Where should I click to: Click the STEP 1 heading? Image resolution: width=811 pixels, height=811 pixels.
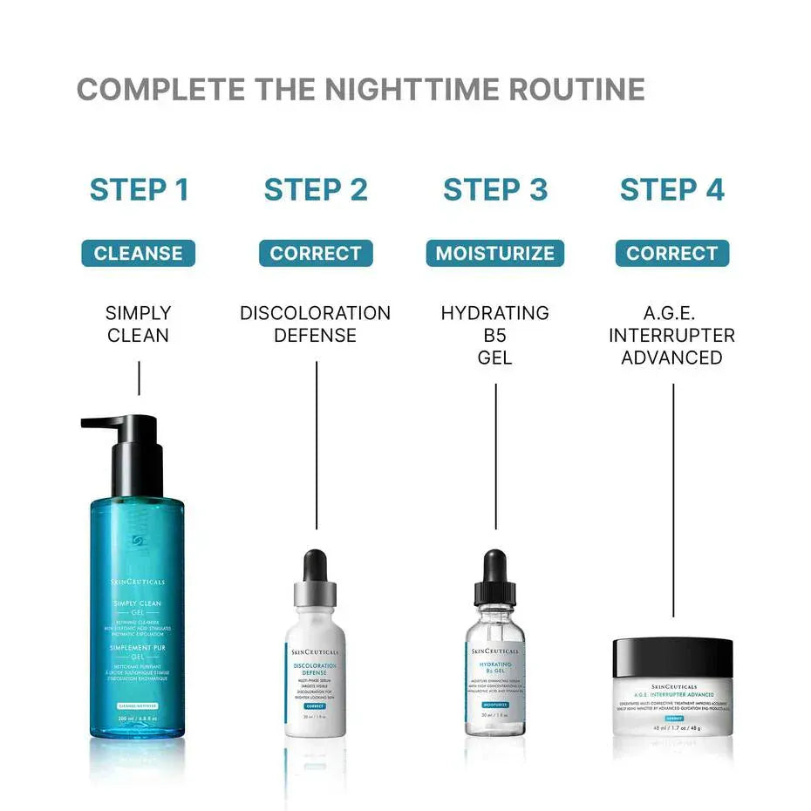point(139,189)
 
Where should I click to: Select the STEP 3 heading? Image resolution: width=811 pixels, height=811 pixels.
point(494,189)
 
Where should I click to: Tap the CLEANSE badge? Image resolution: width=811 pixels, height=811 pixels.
point(138,254)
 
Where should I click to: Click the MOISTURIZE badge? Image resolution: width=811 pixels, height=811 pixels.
point(494,254)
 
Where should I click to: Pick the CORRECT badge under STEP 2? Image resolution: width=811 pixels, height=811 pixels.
point(316,254)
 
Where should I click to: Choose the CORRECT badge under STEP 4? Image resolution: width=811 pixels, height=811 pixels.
point(671,254)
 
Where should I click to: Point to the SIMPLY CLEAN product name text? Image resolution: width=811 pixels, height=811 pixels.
point(138,324)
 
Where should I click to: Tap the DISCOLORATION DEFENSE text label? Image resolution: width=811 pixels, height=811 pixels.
point(316,324)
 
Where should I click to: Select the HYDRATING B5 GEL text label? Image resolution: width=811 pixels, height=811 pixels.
point(494,335)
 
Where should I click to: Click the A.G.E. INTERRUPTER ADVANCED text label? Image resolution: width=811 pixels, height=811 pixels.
point(671,335)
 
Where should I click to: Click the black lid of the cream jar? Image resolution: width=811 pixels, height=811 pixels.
point(672,658)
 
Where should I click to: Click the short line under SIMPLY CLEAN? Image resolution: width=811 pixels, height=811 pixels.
point(138,379)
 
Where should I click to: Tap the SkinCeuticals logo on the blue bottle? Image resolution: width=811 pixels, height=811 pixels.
point(139,582)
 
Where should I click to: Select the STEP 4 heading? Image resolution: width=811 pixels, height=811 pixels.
point(671,189)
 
